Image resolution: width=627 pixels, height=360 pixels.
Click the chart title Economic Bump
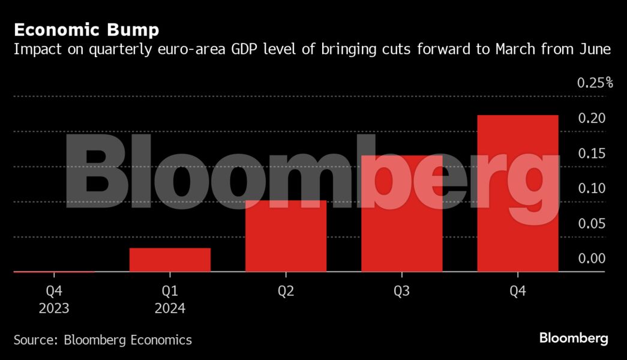(86, 29)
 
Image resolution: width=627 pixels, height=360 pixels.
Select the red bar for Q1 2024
(170, 260)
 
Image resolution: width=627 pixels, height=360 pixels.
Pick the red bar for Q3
(401, 214)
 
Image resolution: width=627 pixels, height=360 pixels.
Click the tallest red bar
(517, 193)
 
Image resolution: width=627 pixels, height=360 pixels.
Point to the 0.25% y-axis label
(595, 83)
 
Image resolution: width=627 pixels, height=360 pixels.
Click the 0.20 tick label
(591, 118)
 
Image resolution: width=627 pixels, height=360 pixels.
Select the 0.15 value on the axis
(591, 154)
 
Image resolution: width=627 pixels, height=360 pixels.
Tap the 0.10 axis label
(591, 188)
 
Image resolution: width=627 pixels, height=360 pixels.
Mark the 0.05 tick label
(591, 224)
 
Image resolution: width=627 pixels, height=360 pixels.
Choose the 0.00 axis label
(591, 259)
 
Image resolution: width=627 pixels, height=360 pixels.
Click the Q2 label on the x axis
(286, 292)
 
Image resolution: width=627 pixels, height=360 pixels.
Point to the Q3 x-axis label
(401, 292)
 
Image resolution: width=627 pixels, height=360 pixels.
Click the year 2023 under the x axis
(54, 309)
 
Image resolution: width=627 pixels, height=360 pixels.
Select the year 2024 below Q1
(170, 309)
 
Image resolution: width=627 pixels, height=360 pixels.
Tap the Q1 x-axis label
(170, 292)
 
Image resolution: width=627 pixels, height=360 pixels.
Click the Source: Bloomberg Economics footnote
(103, 340)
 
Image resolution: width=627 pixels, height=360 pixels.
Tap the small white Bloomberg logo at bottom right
(574, 338)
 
